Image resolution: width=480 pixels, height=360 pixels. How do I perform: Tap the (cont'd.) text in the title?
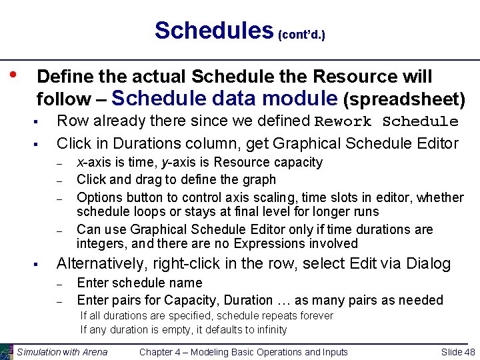301,34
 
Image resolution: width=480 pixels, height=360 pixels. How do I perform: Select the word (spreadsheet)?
404,99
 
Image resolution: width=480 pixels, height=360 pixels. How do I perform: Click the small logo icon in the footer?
7,352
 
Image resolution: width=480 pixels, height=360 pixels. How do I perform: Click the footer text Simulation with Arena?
62,352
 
